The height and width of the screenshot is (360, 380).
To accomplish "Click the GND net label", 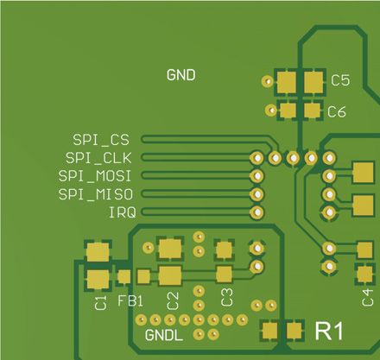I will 180,75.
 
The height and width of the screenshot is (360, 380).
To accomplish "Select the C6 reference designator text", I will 337,111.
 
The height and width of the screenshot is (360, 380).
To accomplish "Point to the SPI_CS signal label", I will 100,140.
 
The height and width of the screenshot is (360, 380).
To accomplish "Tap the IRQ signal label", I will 121,212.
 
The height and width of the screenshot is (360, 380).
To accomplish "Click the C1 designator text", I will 100,302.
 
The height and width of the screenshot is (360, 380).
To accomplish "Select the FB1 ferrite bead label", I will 130,302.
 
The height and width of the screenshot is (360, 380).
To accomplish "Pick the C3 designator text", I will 227,299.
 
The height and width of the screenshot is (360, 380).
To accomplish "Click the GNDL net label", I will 163,334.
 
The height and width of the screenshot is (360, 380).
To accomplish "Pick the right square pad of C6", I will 311,111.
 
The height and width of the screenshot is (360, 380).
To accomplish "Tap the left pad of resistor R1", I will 269,330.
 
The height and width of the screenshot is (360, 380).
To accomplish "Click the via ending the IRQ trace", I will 256,212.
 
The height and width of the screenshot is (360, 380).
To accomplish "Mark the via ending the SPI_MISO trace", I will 256,193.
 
